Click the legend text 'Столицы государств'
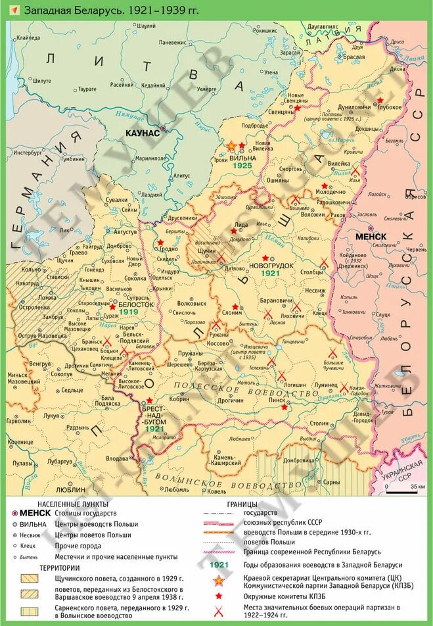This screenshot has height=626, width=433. pos(85,513)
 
